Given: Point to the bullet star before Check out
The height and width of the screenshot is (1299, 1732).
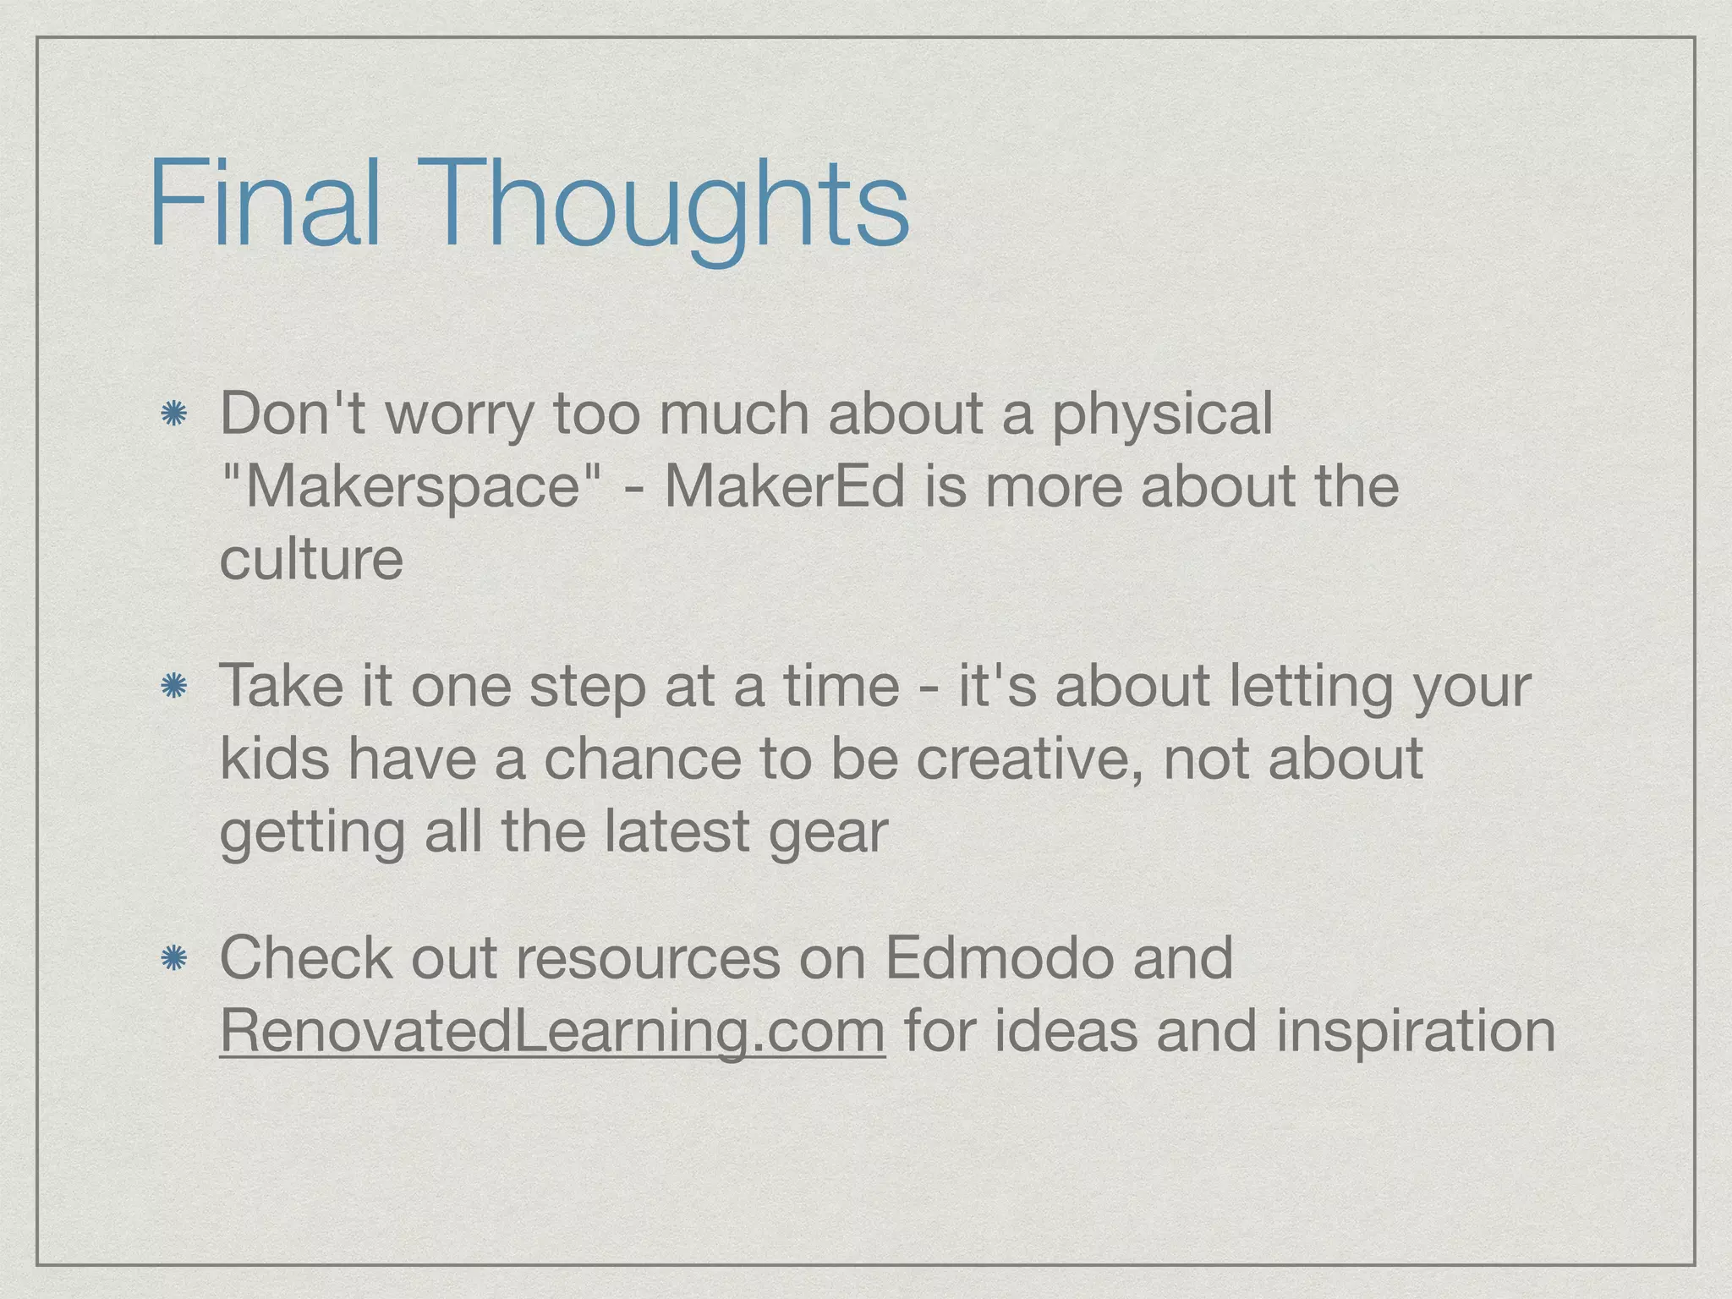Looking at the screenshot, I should point(174,958).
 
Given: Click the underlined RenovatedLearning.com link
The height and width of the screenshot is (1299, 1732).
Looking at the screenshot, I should point(552,1031).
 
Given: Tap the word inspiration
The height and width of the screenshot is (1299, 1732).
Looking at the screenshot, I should point(1415,1031).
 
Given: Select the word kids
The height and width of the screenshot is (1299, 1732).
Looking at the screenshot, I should point(274,759).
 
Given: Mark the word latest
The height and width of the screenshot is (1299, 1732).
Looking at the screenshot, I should point(677,832).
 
